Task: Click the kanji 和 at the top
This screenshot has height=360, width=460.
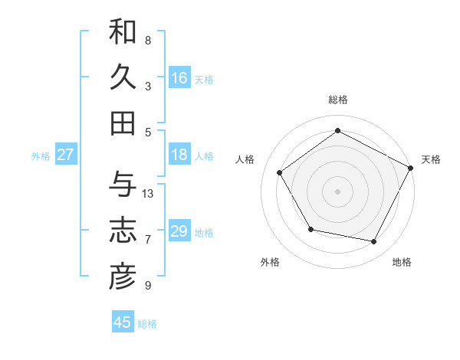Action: pos(123,33)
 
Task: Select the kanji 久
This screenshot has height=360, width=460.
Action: pos(123,77)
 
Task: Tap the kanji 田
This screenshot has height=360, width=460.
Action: pos(123,123)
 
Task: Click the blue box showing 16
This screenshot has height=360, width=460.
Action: pos(179,78)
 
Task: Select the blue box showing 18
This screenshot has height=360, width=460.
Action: pos(179,155)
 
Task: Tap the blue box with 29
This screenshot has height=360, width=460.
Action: pos(179,231)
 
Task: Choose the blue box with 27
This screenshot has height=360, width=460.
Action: pos(66,155)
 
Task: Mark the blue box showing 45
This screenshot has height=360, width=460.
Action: pos(123,322)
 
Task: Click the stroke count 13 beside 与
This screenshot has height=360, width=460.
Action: pos(149,194)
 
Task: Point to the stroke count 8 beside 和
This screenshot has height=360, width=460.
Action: pos(148,40)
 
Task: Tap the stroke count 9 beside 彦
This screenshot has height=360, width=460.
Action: pos(148,286)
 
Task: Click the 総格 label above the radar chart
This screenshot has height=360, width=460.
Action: pos(338,100)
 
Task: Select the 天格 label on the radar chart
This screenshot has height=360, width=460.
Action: pos(431,159)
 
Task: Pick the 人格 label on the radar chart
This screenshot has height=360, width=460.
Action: pos(245,159)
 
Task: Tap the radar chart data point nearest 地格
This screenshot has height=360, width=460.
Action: pos(374,242)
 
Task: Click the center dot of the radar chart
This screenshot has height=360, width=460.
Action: pos(338,191)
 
